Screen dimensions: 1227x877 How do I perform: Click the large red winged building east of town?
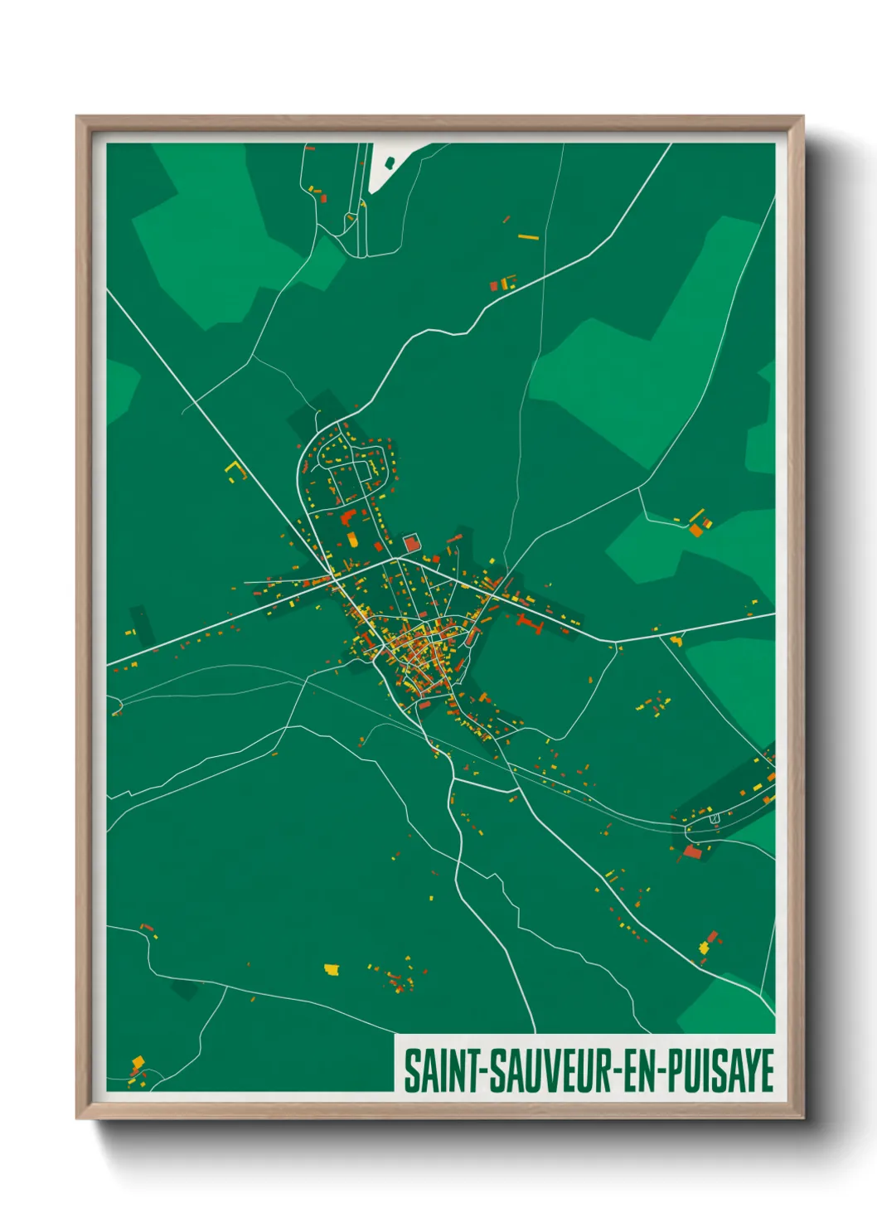click(527, 622)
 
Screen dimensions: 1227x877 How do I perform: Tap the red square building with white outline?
click(411, 543)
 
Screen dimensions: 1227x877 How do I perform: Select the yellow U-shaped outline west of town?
click(237, 471)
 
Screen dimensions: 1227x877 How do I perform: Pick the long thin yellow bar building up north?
click(529, 237)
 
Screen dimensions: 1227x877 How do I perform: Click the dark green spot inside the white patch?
click(390, 162)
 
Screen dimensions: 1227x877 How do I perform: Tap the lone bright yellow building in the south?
click(332, 968)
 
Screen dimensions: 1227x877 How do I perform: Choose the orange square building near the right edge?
click(695, 530)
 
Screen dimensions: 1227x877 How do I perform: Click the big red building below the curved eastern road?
click(692, 851)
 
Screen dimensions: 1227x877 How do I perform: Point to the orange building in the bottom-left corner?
click(138, 1062)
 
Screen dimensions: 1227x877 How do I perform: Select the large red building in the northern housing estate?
click(347, 518)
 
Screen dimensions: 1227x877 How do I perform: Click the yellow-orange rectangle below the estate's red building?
click(352, 541)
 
